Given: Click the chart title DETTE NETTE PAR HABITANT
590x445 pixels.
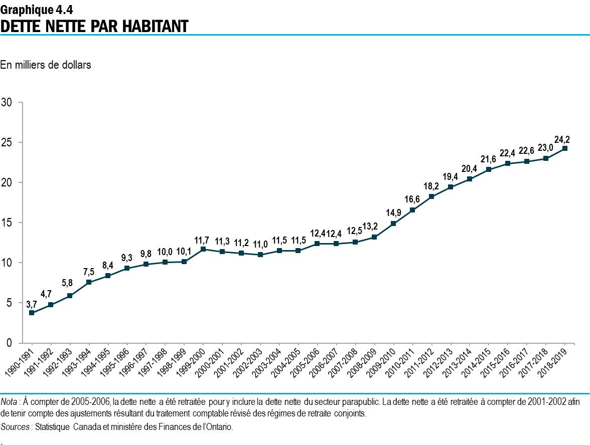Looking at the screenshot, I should coord(94,26).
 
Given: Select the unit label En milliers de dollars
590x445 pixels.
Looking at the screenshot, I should coord(46,65).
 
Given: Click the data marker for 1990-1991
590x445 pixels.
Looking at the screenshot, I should coord(32,313).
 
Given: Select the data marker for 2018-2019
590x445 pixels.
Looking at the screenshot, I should coord(565,148).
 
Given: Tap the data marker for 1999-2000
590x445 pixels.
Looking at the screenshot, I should coord(203,249).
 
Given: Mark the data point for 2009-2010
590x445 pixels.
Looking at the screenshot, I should coord(393,224).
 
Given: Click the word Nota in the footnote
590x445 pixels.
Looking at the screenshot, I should coord(9,402).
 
